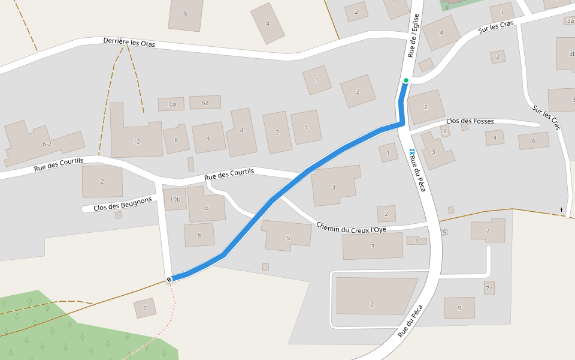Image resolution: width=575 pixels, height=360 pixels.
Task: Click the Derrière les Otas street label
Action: [129, 43]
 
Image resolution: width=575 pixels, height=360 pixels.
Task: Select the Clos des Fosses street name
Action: [470, 121]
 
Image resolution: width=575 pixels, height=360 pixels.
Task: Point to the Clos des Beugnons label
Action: [123, 205]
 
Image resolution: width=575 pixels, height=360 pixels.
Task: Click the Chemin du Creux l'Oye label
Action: [351, 227]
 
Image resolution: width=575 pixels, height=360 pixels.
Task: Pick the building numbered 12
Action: [137, 142]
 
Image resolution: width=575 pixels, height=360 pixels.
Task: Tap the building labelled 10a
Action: [171, 104]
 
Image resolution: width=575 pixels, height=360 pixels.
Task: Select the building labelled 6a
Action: [205, 103]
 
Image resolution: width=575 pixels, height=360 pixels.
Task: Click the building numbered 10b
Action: [175, 199]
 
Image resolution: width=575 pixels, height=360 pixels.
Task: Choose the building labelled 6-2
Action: [47, 144]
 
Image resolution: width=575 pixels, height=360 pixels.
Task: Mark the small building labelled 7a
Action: [489, 289]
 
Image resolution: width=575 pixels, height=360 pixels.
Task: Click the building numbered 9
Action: [459, 308]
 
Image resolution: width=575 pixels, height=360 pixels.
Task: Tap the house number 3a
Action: [570, 20]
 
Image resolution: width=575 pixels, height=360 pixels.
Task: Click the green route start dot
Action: [405, 80]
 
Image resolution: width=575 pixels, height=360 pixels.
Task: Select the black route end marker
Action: [170, 280]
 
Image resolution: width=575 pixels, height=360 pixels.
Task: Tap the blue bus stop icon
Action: [411, 152]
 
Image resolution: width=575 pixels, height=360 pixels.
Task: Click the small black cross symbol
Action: [561, 209]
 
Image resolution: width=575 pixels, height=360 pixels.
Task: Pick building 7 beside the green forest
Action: [145, 308]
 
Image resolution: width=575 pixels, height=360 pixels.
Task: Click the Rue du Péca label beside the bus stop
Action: [418, 174]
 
